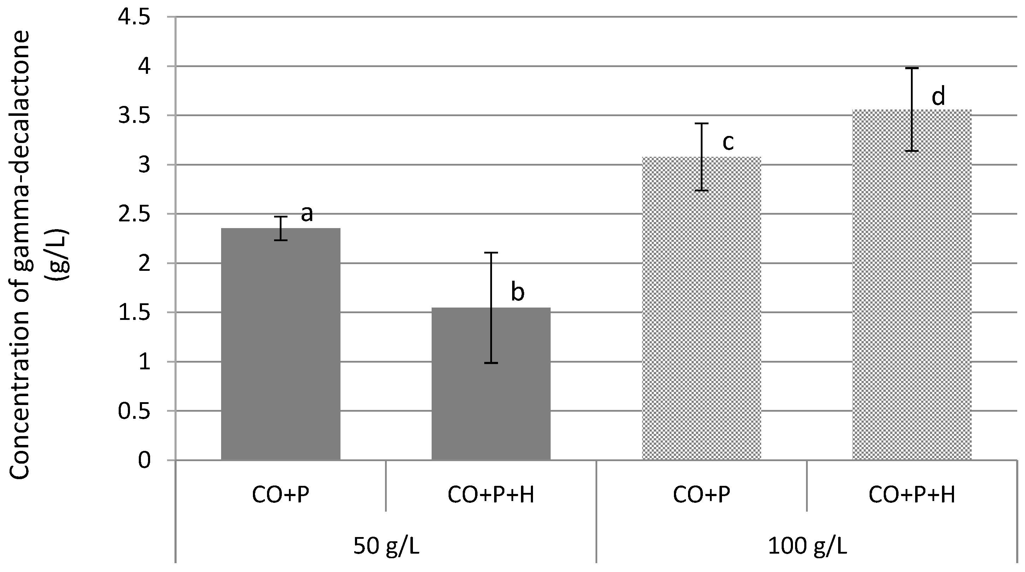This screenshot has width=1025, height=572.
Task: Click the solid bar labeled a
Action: coord(280,344)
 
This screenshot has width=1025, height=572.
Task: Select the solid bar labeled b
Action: coord(491,384)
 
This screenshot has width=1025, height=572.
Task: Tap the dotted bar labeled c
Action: coord(701,308)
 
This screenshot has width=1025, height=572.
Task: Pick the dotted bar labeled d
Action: coord(912,284)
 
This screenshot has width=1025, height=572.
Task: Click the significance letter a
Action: coord(307,214)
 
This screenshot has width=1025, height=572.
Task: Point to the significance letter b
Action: coord(517,292)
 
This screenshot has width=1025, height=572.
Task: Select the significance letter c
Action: coord(728,142)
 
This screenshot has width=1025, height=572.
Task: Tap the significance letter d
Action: coord(938,97)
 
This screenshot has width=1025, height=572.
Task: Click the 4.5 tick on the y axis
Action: coord(135,18)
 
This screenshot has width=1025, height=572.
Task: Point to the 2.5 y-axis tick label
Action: coord(135,214)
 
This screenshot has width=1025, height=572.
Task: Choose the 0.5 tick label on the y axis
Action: coord(135,411)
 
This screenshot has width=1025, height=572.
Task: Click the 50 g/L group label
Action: coord(386,546)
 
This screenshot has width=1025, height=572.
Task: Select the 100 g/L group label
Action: coord(807,546)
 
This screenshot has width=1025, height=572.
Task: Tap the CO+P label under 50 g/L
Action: coord(280,495)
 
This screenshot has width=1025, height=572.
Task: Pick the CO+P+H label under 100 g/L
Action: coord(912,495)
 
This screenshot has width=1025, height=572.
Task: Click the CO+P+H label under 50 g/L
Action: coord(491,495)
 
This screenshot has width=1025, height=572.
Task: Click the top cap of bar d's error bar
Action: coord(912,68)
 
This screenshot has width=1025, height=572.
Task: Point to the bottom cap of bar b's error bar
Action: coord(491,363)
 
